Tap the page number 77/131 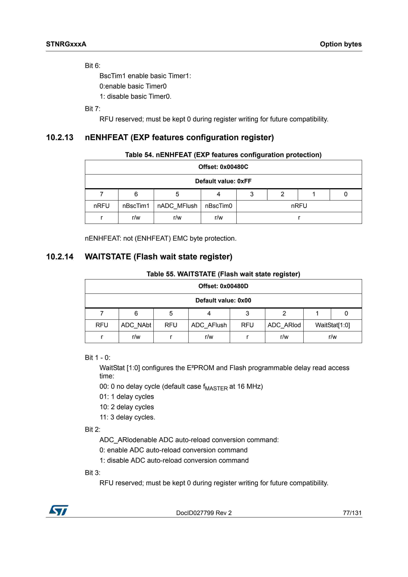[352, 513]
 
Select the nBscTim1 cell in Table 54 [136, 206]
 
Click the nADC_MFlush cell [177, 206]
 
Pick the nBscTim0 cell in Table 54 [218, 206]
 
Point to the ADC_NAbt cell [136, 325]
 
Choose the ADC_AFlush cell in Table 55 [209, 325]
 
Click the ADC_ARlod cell [284, 325]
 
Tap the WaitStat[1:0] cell [332, 325]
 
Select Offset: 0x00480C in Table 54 [223, 167]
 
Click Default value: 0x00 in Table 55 [223, 300]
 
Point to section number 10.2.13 [60, 138]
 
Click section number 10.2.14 [60, 257]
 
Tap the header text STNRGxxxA [66, 44]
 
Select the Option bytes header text [341, 44]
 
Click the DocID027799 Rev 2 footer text [204, 513]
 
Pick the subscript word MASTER [216, 389]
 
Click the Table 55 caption [223, 274]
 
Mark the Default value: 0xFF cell [223, 181]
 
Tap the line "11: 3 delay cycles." [127, 417]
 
